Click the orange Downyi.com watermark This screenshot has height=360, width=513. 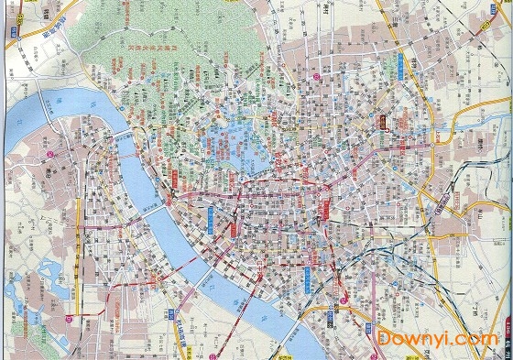pos(437,339)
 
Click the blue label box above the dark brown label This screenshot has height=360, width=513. pos(400,66)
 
